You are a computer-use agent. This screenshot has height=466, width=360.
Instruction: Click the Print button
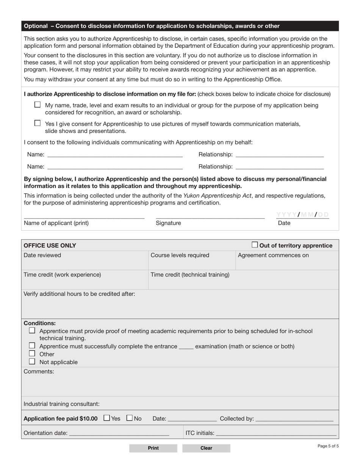coord(153,448)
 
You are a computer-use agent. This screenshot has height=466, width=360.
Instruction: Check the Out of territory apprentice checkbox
coord(255,245)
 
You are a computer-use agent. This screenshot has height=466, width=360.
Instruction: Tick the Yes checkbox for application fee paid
coord(106,418)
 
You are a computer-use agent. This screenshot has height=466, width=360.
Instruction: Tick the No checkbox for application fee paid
coord(130,418)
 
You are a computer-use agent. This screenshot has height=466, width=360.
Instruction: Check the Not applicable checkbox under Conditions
coord(32,361)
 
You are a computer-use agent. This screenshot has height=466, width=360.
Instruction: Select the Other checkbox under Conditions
coord(32,353)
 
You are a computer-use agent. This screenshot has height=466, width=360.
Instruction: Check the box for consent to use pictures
coord(37,123)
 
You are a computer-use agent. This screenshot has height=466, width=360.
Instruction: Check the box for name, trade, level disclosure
coord(37,105)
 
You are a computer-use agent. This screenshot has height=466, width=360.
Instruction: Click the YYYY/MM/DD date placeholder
coord(302,215)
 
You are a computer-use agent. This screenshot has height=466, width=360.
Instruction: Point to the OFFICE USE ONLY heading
coord(50,246)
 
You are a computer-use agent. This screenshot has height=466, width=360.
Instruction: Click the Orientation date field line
coord(119,433)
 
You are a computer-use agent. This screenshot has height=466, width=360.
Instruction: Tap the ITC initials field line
coord(276,433)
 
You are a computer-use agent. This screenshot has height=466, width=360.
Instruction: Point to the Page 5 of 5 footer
coord(328,446)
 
